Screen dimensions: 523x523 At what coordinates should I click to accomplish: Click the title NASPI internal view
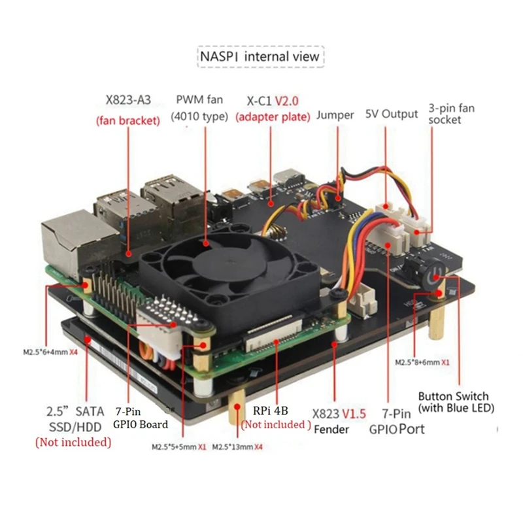pyautogui.click(x=260, y=56)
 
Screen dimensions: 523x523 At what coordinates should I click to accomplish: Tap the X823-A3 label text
pyautogui.click(x=128, y=100)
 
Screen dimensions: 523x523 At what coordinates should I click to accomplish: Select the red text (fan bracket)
pyautogui.click(x=128, y=120)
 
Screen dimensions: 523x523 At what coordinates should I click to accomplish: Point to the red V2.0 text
pyautogui.click(x=286, y=101)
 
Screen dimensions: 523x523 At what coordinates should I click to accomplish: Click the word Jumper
pyautogui.click(x=335, y=115)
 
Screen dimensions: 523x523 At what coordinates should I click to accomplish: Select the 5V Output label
pyautogui.click(x=391, y=114)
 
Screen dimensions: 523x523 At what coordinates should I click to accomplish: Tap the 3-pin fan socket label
pyautogui.click(x=451, y=114)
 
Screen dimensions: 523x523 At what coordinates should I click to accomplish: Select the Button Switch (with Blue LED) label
pyautogui.click(x=456, y=402)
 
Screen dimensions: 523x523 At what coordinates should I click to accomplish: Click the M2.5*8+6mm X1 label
pyautogui.click(x=422, y=362)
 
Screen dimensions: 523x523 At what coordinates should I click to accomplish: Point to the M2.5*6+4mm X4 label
pyautogui.click(x=50, y=352)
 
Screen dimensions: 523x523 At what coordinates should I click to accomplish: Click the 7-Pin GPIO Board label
pyautogui.click(x=141, y=418)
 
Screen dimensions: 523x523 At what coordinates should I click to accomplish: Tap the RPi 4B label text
pyautogui.click(x=270, y=411)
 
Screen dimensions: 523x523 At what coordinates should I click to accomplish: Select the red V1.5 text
pyautogui.click(x=354, y=414)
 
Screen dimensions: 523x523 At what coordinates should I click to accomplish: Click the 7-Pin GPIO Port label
pyautogui.click(x=397, y=421)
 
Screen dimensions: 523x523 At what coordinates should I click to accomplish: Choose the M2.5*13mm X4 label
pyautogui.click(x=237, y=447)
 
